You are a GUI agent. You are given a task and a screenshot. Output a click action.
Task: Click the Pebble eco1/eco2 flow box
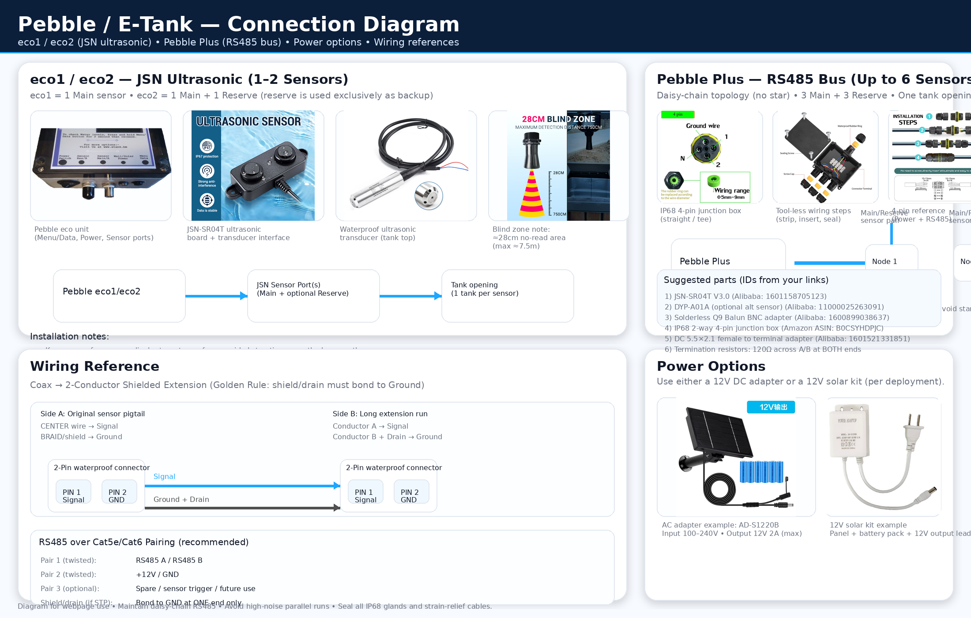click(x=119, y=296)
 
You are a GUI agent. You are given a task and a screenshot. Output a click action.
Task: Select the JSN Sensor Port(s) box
click(x=313, y=296)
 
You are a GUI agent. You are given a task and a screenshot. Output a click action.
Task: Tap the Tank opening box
click(x=508, y=296)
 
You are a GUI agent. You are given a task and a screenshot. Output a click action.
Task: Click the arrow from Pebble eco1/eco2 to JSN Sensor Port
click(x=216, y=296)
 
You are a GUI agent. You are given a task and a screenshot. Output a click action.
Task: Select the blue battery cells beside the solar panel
click(x=761, y=471)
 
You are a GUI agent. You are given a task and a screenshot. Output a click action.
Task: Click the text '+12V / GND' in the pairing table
click(x=157, y=574)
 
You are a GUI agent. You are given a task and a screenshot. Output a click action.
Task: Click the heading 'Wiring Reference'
click(x=94, y=366)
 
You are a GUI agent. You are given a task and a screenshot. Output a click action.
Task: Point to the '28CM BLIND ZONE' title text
click(x=558, y=119)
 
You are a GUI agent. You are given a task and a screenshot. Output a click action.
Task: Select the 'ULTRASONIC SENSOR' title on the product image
click(x=248, y=121)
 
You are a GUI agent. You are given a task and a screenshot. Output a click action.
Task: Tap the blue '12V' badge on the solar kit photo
click(x=771, y=407)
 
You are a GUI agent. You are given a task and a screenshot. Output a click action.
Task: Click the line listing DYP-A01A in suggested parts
click(x=774, y=307)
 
